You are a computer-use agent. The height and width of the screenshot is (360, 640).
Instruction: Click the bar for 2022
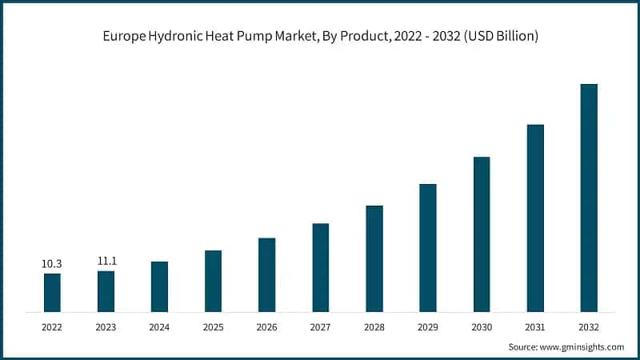point(52,292)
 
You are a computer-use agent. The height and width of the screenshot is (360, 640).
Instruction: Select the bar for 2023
point(106,291)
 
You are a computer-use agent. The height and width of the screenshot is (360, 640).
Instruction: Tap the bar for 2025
point(213,281)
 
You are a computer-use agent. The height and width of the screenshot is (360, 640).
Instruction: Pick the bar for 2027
point(320,267)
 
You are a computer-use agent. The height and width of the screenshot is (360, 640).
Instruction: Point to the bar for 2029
point(428,247)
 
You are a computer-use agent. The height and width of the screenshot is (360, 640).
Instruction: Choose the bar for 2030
point(482,234)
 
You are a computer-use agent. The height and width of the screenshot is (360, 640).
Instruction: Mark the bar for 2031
point(535,218)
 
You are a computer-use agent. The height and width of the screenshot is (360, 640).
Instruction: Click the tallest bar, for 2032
point(589,197)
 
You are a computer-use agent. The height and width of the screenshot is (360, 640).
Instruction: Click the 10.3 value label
point(52,263)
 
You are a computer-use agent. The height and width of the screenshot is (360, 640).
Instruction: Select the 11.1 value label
point(106,261)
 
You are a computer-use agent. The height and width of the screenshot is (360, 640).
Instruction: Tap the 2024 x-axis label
point(159,327)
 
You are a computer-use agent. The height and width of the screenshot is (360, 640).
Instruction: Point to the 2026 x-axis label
point(266,327)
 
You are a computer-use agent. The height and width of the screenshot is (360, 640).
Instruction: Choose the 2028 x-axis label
point(374,327)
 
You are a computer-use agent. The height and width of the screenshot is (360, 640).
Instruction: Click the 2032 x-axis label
point(589,327)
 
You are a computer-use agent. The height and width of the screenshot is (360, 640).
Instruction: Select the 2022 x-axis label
point(52,327)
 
